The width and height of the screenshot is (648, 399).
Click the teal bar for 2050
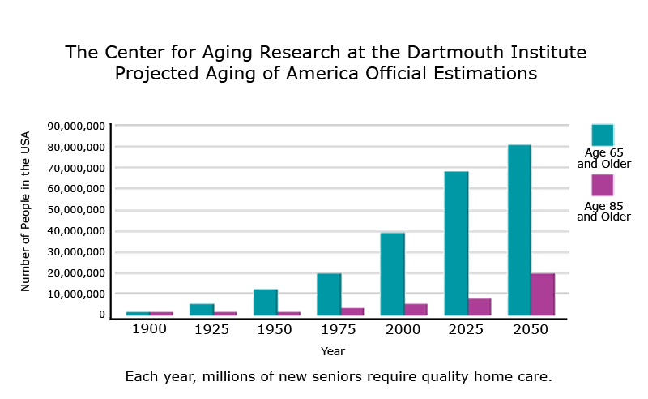pyautogui.click(x=519, y=230)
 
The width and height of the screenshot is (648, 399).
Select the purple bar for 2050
pyautogui.click(x=543, y=294)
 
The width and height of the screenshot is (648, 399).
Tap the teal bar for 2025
pyautogui.click(x=456, y=243)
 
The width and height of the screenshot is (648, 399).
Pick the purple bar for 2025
pyautogui.click(x=480, y=307)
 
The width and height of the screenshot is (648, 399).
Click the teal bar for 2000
pyautogui.click(x=393, y=274)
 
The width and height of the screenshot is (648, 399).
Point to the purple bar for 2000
pyautogui.click(x=416, y=309)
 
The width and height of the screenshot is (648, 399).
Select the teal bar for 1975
pyautogui.click(x=329, y=294)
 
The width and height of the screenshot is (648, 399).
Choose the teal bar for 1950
pyautogui.click(x=265, y=302)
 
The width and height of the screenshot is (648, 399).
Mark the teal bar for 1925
pyautogui.click(x=202, y=309)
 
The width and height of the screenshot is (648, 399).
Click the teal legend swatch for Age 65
pyautogui.click(x=603, y=135)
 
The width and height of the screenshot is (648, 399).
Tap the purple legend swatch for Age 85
pyautogui.click(x=603, y=185)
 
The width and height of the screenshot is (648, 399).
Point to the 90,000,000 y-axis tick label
pyautogui.click(x=77, y=127)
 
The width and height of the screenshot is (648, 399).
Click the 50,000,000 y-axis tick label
pyautogui.click(x=77, y=210)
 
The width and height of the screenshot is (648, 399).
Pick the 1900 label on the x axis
pyautogui.click(x=149, y=330)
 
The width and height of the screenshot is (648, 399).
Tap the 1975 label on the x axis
pyautogui.click(x=339, y=330)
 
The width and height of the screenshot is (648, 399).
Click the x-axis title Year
pyautogui.click(x=332, y=351)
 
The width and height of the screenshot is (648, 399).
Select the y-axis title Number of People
pyautogui.click(x=25, y=211)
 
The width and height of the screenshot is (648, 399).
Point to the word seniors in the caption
pyautogui.click(x=339, y=377)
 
